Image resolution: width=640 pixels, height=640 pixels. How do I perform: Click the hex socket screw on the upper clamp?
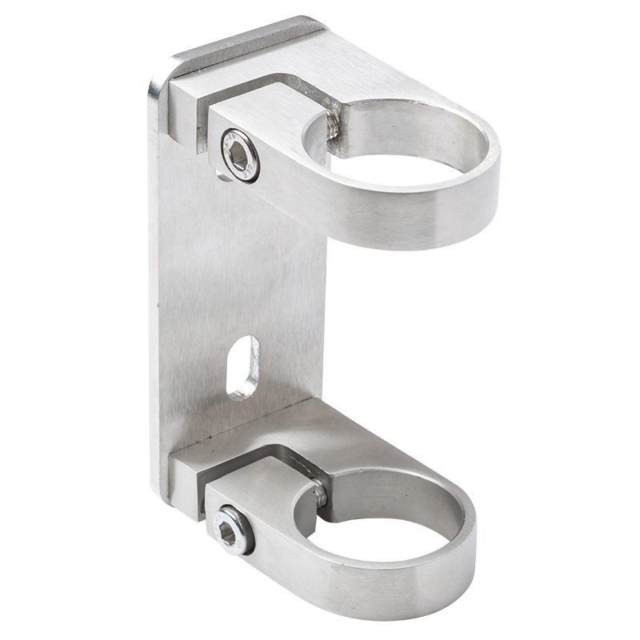coord(238,156)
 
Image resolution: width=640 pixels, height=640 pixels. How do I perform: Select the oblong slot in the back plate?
coord(243,367)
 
